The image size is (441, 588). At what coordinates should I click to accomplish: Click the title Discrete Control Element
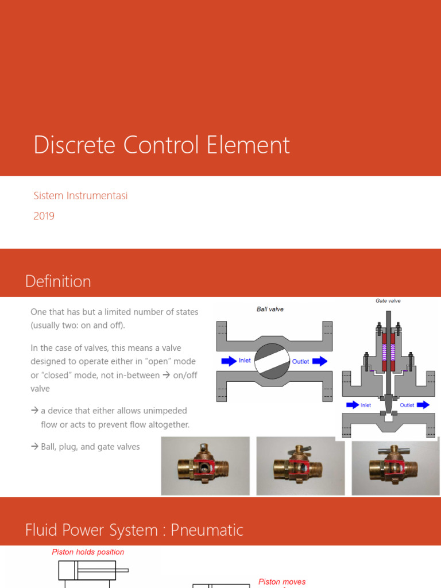point(161,145)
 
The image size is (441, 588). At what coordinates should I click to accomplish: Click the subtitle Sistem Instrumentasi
point(80,196)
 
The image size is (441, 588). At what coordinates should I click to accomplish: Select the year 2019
point(44,216)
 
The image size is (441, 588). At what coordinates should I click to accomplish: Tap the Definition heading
point(58,281)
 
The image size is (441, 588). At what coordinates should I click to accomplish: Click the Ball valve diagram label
point(270,309)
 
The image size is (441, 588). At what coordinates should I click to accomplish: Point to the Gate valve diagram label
point(388,300)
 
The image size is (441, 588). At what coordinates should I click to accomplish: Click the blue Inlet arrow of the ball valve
point(229,361)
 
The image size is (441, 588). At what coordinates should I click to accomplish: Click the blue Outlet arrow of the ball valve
point(320,361)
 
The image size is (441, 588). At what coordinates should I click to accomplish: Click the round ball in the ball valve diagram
point(273,362)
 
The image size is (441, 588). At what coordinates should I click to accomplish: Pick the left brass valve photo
point(205,466)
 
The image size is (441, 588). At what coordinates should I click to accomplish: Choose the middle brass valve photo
point(300,466)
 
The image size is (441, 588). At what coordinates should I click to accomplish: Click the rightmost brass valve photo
point(396,466)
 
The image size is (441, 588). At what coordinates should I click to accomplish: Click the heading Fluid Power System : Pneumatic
point(134,530)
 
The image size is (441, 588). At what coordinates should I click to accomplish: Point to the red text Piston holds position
point(88,552)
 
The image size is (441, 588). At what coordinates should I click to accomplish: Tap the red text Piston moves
point(282,582)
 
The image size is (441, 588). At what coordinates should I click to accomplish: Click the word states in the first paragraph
point(185,312)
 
